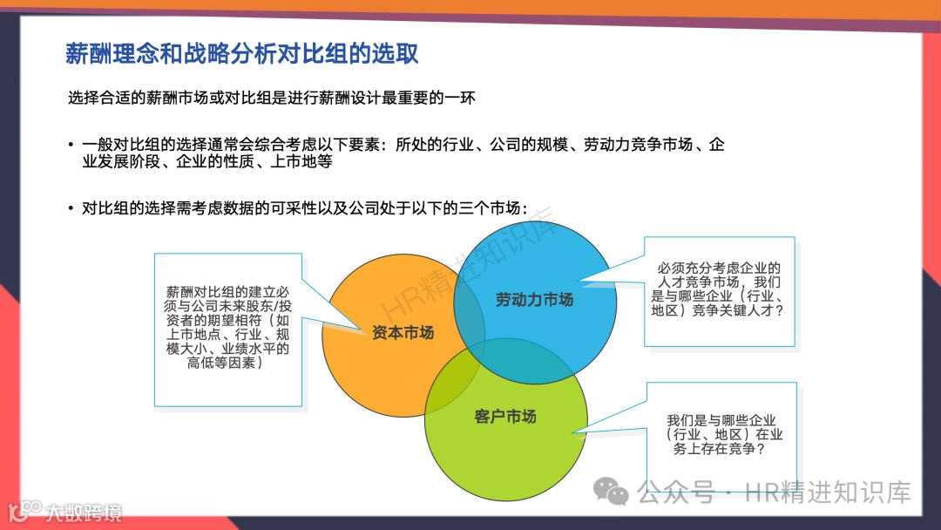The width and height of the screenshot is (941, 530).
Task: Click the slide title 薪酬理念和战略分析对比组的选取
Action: click(x=242, y=53)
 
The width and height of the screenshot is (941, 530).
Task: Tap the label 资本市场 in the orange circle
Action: click(x=403, y=332)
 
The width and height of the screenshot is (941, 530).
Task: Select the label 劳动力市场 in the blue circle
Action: click(x=534, y=300)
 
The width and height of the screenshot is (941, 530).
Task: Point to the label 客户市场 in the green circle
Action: click(x=504, y=417)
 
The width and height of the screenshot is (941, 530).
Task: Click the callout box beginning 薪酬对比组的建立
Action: click(x=228, y=330)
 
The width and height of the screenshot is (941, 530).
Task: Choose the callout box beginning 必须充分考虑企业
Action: click(x=720, y=291)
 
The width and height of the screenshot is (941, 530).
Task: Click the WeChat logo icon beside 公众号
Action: click(x=611, y=492)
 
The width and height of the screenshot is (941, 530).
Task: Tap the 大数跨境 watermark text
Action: click(x=84, y=513)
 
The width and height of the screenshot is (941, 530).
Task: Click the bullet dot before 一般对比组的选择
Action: click(x=71, y=145)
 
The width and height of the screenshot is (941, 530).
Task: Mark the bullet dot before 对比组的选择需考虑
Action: click(x=71, y=209)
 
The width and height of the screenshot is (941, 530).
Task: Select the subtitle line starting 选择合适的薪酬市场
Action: click(x=271, y=98)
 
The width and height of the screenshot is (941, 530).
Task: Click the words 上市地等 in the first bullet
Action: click(x=301, y=161)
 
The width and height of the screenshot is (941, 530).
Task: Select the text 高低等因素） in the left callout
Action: click(x=225, y=363)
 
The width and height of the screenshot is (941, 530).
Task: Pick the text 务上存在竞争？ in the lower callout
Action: click(x=719, y=448)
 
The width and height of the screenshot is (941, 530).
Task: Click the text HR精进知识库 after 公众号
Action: click(x=828, y=493)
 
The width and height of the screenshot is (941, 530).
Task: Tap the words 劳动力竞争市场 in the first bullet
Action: click(x=638, y=145)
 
